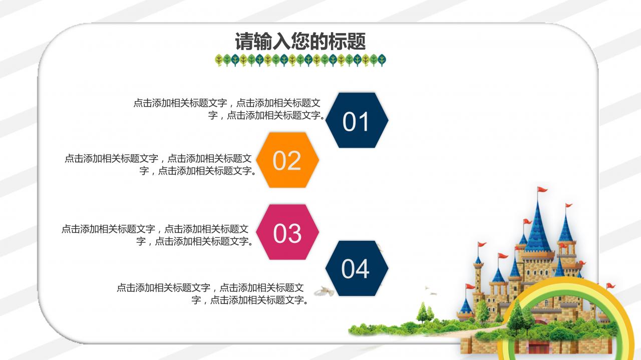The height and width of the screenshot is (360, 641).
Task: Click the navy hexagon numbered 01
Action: pyautogui.click(x=357, y=120)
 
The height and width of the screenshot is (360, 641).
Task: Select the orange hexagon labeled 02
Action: pyautogui.click(x=287, y=160)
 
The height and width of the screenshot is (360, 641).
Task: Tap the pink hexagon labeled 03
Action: pyautogui.click(x=287, y=232)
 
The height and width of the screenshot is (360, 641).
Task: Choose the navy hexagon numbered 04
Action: pyautogui.click(x=356, y=268)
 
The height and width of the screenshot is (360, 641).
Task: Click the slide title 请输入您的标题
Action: pyautogui.click(x=300, y=41)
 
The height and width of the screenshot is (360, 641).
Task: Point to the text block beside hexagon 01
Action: pyautogui.click(x=228, y=109)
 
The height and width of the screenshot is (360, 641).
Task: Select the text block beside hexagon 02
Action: pyautogui.click(x=159, y=165)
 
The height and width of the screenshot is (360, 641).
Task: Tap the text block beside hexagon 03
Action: pyautogui.click(x=156, y=235)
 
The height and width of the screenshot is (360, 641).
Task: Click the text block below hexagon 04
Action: pyautogui.click(x=212, y=294)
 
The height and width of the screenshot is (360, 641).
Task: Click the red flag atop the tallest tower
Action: pyautogui.click(x=542, y=190)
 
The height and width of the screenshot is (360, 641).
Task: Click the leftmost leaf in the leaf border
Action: pyautogui.click(x=219, y=60)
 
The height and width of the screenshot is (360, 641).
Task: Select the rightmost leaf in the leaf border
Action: pyautogui.click(x=382, y=60)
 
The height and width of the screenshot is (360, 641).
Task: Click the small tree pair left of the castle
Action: pyautogui.click(x=424, y=313)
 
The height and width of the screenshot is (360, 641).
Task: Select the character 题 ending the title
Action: pyautogui.click(x=357, y=41)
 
